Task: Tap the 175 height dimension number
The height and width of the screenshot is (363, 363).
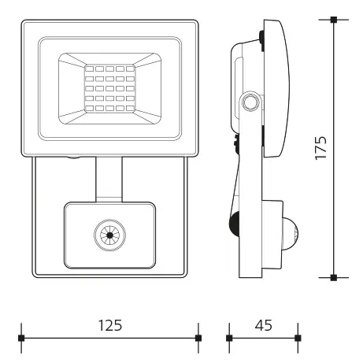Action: pyautogui.click(x=320, y=147)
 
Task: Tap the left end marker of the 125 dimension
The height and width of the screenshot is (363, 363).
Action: pyautogui.click(x=21, y=339)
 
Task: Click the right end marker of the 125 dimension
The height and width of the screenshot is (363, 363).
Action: pyautogui.click(x=198, y=339)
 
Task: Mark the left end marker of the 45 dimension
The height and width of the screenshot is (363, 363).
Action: pyautogui.click(x=229, y=339)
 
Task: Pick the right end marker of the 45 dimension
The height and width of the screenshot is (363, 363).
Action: pyautogui.click(x=297, y=339)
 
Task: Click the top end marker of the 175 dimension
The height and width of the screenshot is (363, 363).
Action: pyautogui.click(x=334, y=19)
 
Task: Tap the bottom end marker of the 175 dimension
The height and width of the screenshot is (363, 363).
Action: pyautogui.click(x=334, y=277)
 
